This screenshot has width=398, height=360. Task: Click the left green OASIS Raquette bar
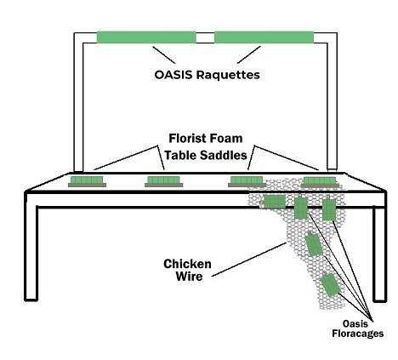coord(146,37)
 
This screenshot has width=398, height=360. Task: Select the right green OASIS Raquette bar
coord(264,37)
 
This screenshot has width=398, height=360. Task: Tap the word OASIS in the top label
coord(173,75)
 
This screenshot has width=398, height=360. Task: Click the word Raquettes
coord(228,75)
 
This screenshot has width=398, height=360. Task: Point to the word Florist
coord(187,139)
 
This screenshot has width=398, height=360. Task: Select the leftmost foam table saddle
coord(87,181)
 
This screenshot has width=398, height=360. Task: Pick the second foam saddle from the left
coord(163,181)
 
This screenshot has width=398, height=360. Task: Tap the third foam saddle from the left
coord(247,181)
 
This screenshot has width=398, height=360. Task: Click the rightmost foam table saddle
coord(320,182)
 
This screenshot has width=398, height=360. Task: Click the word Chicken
coord(187,264)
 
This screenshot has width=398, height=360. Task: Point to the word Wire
coord(189,277)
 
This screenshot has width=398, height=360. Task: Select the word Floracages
coord(358,334)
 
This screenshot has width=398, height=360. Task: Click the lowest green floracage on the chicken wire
coord(330,284)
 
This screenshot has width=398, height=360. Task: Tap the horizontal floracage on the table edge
coord(274,202)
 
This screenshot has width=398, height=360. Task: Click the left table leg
coord(31,249)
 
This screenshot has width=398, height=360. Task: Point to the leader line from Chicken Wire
coord(249,259)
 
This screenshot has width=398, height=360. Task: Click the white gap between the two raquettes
coord(205,37)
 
